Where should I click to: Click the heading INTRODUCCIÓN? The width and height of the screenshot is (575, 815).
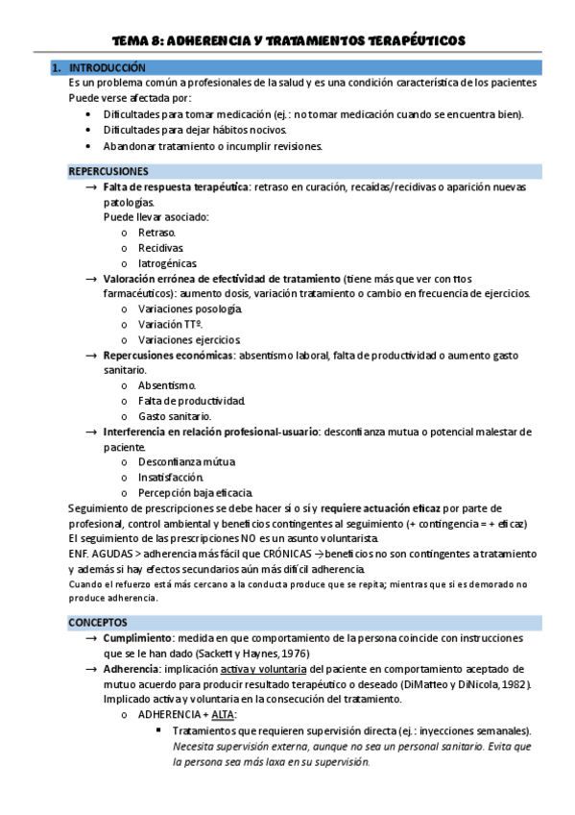pos(108,68)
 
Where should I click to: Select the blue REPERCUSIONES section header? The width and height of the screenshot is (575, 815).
pos(108,171)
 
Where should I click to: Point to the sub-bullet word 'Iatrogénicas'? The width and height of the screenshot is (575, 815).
pos(168,263)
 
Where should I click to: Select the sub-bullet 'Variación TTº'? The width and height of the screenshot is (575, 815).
pos(170,324)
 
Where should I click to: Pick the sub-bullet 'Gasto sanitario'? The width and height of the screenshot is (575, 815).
pos(175,416)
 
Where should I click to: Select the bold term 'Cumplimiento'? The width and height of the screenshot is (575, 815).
pos(138,639)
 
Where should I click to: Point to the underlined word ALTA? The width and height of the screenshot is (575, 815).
pos(223,715)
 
